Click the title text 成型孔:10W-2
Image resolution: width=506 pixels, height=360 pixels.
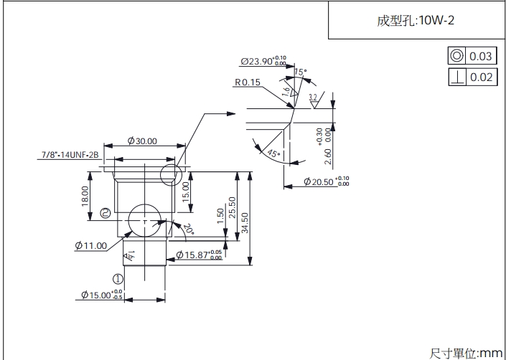(x=416, y=20)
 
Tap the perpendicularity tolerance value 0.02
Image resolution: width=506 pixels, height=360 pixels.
(x=481, y=77)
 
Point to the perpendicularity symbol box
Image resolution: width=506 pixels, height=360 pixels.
(x=456, y=77)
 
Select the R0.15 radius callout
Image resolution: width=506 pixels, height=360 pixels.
(x=247, y=82)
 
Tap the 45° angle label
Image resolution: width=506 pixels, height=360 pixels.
(x=272, y=153)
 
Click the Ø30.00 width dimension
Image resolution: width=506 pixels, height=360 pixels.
(x=142, y=141)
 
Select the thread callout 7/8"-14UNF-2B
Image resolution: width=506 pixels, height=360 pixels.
(x=70, y=154)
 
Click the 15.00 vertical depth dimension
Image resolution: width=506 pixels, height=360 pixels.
(x=185, y=191)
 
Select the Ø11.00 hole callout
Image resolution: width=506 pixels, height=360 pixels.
(x=90, y=245)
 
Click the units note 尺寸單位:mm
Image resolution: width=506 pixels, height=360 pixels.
(x=466, y=352)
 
